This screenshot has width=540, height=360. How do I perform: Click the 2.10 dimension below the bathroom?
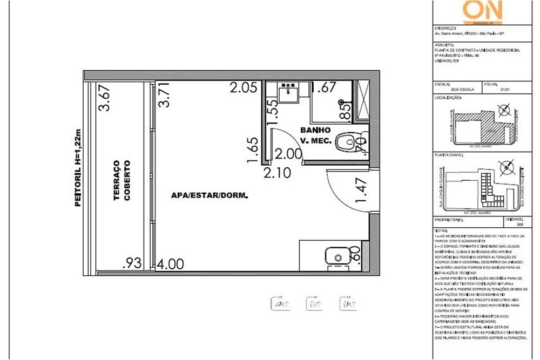click(x=277, y=173)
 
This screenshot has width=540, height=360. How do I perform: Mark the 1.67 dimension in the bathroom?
click(x=324, y=87)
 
